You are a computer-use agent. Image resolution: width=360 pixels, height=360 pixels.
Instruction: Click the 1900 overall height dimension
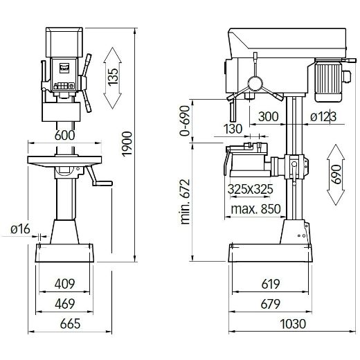(x=128, y=154)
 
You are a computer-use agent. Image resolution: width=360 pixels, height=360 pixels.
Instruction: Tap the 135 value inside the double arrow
(x=114, y=78)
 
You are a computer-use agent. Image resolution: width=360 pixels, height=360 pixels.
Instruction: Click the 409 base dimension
(x=64, y=283)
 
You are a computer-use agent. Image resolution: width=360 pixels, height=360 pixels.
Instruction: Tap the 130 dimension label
(x=233, y=128)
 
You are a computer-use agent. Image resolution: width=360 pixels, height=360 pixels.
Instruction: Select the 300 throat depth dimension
(x=268, y=117)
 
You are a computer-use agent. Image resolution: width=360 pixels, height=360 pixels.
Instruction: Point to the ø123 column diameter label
(x=323, y=117)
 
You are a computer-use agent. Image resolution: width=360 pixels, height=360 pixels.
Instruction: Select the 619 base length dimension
(x=271, y=283)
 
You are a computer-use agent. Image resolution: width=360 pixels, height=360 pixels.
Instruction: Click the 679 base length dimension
(x=271, y=303)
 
